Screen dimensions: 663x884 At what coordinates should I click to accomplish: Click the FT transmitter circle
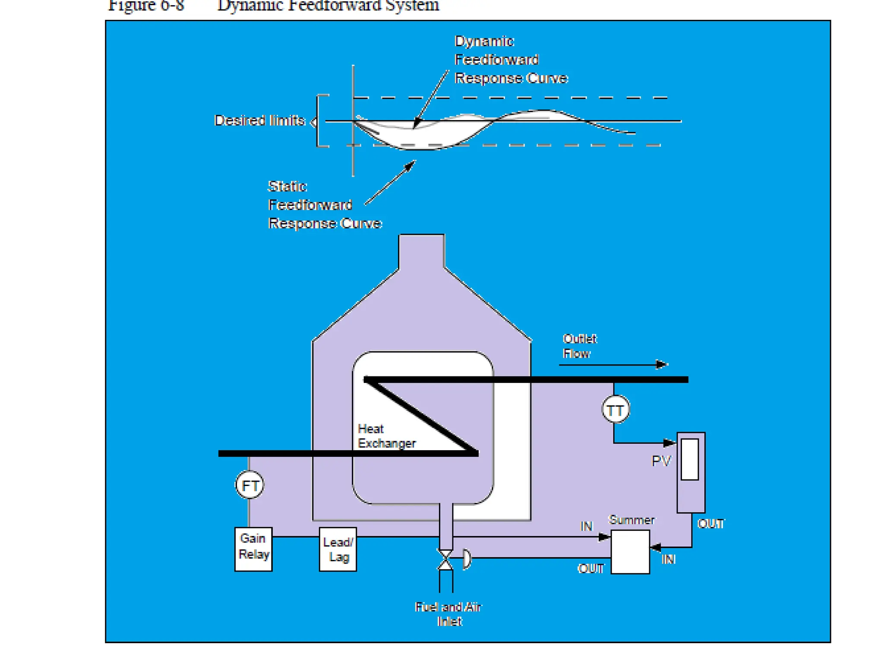249,485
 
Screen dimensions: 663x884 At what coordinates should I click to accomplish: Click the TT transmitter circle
616,410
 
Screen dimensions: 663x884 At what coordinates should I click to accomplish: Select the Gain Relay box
253,549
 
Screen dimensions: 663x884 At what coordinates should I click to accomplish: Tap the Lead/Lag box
338,549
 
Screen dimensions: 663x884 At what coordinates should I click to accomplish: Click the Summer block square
630,552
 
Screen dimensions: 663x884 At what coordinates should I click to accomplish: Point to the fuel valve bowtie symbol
445,559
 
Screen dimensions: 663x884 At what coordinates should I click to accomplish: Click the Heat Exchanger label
386,436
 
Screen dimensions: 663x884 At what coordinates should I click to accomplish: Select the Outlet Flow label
579,346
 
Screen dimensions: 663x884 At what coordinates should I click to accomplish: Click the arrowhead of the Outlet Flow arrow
662,365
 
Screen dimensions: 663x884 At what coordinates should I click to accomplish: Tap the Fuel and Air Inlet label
448,614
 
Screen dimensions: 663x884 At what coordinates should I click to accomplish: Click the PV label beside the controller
661,461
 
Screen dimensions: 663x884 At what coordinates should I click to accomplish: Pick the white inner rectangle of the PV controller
690,459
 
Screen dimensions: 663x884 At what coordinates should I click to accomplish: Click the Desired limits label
259,120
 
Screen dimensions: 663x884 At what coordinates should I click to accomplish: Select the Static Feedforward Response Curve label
325,205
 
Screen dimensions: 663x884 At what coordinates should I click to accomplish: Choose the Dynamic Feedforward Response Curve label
511,60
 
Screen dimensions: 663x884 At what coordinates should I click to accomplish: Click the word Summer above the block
631,520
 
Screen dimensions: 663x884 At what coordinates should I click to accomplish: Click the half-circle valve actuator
467,559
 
